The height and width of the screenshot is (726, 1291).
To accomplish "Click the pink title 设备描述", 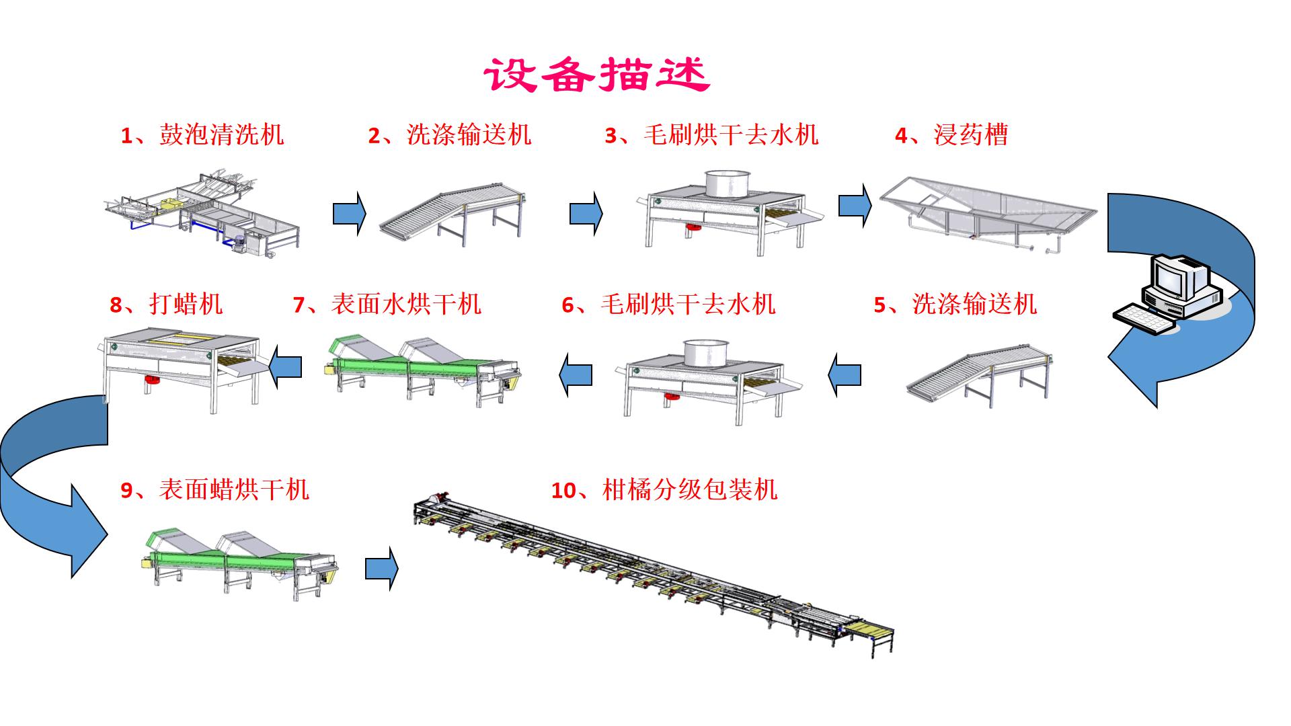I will pos(596,74).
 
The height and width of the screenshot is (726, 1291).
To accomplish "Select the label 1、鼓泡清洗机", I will pos(202,134).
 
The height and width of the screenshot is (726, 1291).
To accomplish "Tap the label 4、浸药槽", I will pos(951,134).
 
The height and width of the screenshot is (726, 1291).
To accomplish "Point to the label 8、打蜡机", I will pos(165,304).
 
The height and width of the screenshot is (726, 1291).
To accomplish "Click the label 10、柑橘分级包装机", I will pos(664,489).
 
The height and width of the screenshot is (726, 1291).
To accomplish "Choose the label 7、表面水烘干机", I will pos(387,304).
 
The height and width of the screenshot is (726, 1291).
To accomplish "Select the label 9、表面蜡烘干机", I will pos(214,489).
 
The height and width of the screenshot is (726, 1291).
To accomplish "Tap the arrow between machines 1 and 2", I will pos(349,214).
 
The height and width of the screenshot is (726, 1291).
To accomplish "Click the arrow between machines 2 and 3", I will pos(586,214).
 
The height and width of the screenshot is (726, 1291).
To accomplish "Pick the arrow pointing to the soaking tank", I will pos(855,206).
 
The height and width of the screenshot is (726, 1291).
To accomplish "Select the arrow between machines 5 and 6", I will pos(845,374).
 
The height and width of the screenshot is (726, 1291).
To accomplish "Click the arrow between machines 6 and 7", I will pos(576,374).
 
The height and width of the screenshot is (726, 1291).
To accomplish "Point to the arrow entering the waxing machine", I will pos(285,367).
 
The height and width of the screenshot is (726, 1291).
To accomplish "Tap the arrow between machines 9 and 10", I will pos(381,569).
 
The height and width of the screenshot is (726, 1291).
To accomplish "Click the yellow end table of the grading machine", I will pos(871,631).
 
